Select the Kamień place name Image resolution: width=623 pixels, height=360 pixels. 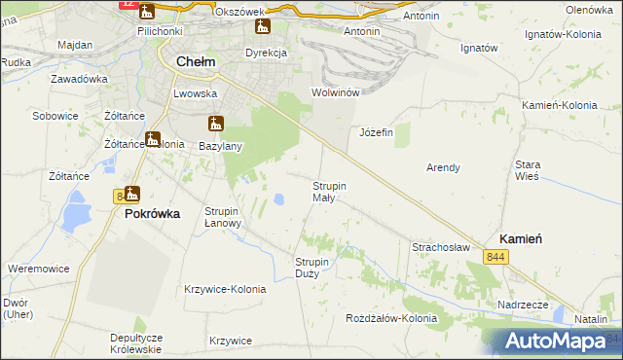tap(521, 237)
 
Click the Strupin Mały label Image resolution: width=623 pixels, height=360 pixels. tap(330, 191)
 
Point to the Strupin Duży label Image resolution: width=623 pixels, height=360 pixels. tap(313, 267)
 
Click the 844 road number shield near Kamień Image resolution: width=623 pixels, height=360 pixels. tap(496, 256)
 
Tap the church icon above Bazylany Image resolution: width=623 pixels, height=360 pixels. tap(216, 124)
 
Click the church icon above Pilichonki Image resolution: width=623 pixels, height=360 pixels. tap(147, 12)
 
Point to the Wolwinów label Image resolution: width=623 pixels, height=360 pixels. tap(335, 92)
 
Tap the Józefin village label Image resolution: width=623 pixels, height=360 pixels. tap(376, 132)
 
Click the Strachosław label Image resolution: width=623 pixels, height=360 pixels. tap(441, 247)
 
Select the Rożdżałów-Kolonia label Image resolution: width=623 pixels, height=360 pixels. tap(392, 318)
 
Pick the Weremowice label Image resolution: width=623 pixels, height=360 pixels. tap(37, 268)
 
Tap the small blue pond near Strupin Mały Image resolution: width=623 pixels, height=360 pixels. tap(279, 199)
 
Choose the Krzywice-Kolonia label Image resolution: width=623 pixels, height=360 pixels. tap(224, 289)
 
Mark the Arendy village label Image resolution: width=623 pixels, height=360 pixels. tap(443, 167)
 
